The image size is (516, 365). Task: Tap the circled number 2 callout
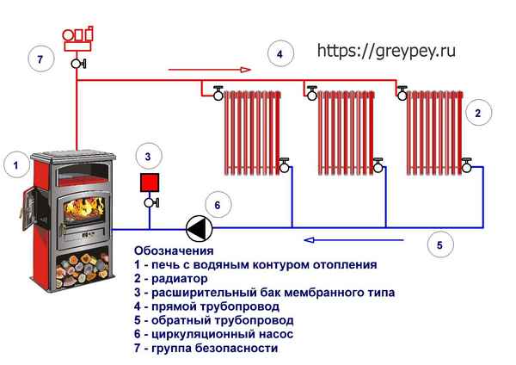tap(479, 112)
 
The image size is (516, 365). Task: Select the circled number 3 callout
tap(148, 156)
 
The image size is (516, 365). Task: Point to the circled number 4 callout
tap(278, 53)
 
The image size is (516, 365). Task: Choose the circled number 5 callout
tap(439, 245)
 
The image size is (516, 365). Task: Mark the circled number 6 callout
tap(218, 205)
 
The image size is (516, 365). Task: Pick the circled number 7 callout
tap(38, 59)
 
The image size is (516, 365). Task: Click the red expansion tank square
tap(150, 182)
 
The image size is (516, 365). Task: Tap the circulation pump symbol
tap(197, 228)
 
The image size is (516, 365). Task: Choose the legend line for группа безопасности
tap(206, 348)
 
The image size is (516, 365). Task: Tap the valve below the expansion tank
tap(150, 202)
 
